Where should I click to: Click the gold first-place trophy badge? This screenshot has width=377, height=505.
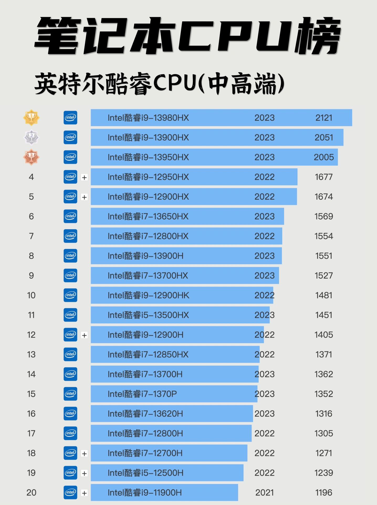click(31, 117)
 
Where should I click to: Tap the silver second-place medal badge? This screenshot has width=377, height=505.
click(31, 137)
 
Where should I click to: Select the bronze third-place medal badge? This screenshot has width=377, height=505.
click(31, 157)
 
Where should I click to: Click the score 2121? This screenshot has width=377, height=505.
click(324, 118)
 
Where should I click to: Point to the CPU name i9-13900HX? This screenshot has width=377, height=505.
click(148, 137)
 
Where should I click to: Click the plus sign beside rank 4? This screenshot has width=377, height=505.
click(84, 177)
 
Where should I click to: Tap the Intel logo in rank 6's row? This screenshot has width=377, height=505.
click(70, 216)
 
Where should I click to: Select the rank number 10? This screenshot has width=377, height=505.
click(31, 295)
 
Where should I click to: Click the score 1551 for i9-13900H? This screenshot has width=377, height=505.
click(324, 256)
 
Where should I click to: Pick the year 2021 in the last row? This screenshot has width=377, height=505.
click(264, 492)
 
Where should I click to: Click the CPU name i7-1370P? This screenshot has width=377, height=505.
click(142, 394)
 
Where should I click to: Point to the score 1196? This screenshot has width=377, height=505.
click(324, 492)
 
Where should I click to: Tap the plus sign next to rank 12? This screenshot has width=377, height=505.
click(84, 335)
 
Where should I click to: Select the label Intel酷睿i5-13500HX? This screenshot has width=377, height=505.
click(148, 315)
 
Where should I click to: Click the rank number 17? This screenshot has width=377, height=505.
click(31, 433)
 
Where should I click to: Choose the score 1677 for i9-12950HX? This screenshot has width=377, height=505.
click(324, 177)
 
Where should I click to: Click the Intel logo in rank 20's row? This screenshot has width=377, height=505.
click(70, 492)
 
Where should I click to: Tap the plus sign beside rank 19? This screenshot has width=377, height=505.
click(84, 473)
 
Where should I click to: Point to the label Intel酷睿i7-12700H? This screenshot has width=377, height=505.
click(145, 453)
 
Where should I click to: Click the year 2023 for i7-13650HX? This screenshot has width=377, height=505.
click(264, 216)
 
